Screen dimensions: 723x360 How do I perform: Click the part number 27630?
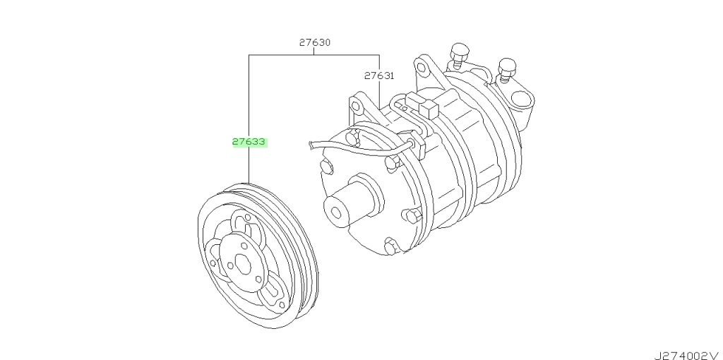tap(314, 42)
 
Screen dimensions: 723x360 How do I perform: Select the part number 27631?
tap(379, 76)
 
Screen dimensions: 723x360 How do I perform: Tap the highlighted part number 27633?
tap(249, 142)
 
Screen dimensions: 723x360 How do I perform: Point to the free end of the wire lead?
tap(309, 145)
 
